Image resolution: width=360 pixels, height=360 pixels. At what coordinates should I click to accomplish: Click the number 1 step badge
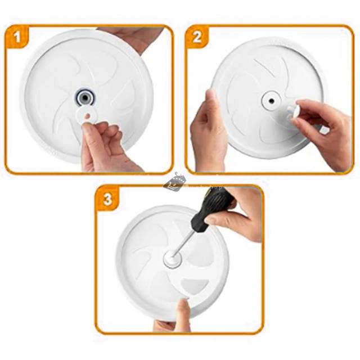click(17, 37)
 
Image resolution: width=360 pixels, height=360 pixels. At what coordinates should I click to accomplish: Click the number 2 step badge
click(197, 37)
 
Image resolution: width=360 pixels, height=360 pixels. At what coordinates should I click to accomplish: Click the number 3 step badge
click(107, 199)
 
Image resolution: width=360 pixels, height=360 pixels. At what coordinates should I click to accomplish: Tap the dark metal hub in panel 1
click(85, 97)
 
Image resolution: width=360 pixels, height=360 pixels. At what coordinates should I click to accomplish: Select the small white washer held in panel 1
click(88, 116)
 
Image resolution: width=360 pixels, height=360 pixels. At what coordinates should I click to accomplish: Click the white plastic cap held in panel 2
click(293, 111)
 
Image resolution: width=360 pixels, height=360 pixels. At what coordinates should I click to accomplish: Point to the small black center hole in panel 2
click(271, 101)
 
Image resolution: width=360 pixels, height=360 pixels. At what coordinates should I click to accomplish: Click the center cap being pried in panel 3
click(173, 259)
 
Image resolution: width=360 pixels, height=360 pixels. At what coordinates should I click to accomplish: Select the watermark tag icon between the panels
click(174, 182)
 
